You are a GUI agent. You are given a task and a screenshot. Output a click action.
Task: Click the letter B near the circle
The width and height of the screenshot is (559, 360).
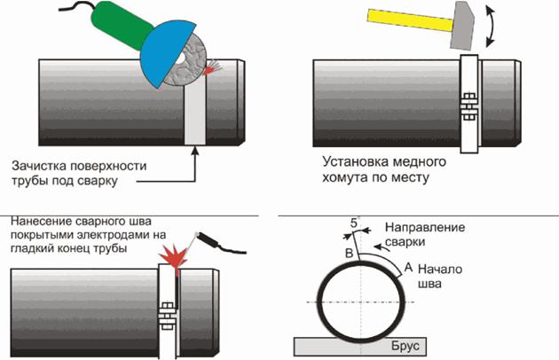348,254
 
